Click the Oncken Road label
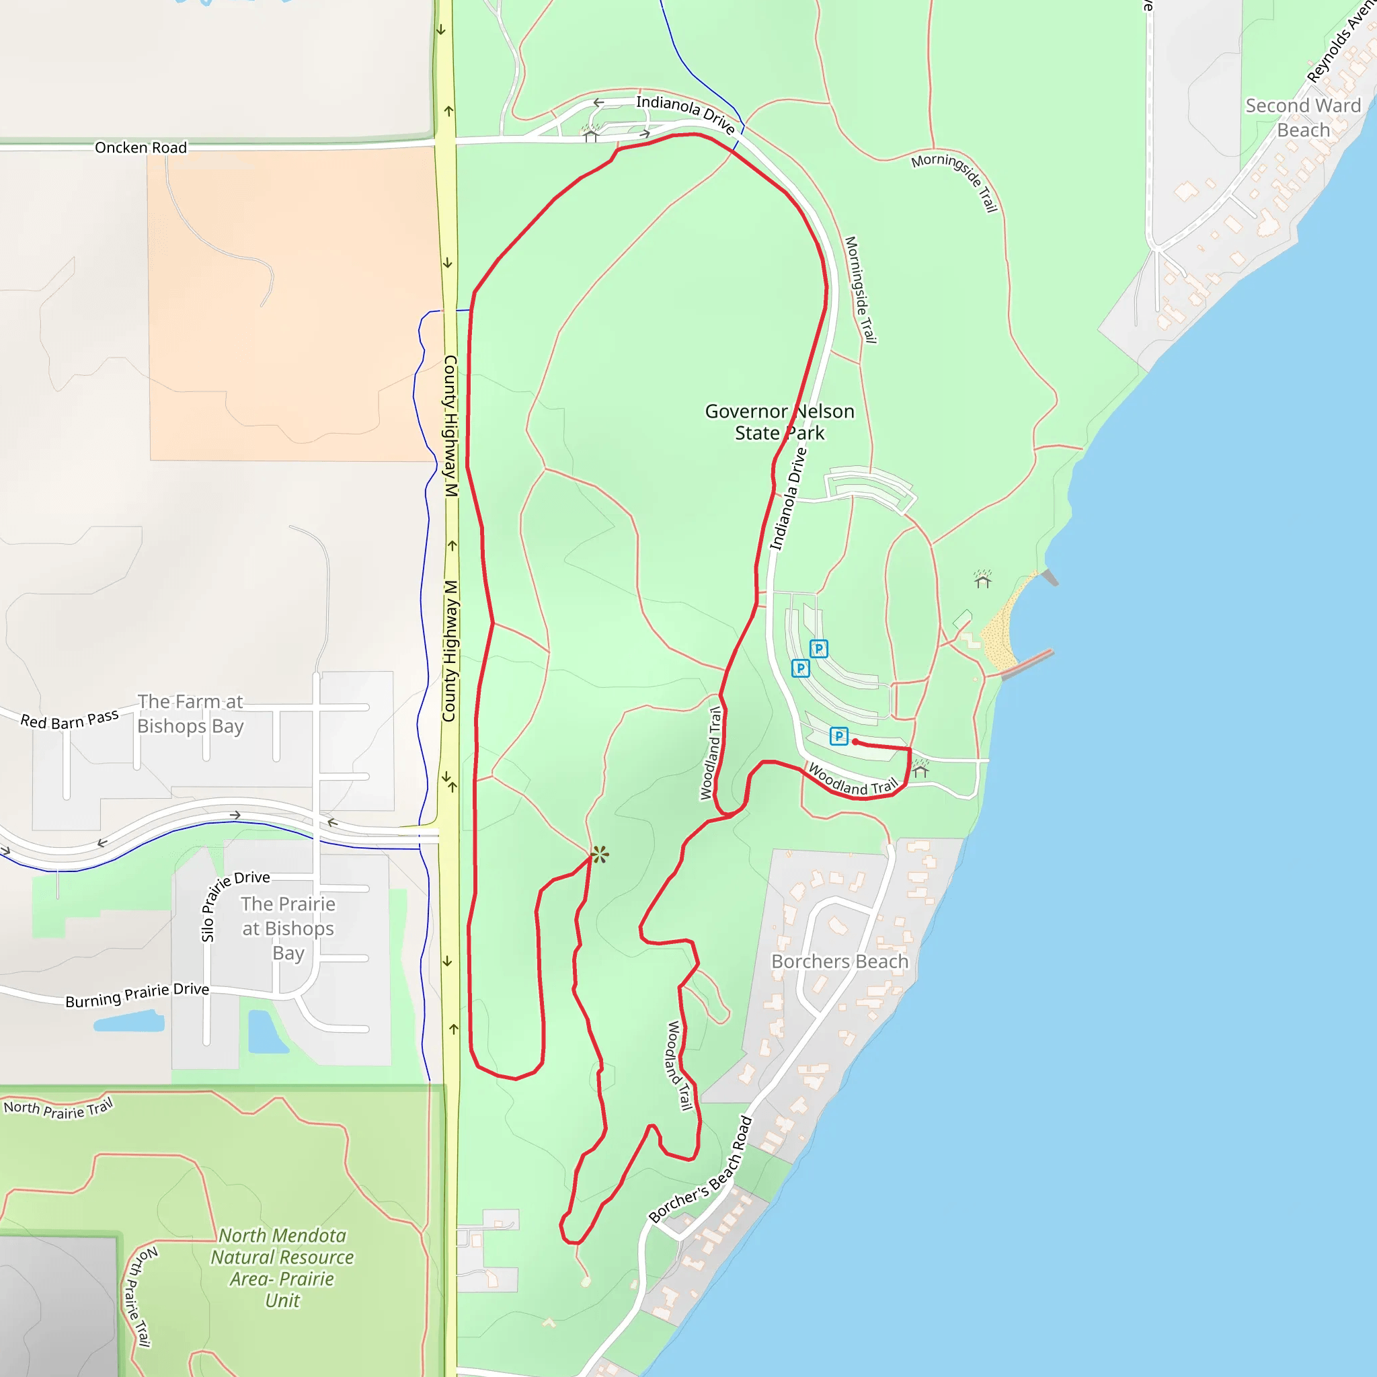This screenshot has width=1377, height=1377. [x=141, y=147]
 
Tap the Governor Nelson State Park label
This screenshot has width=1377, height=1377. [x=779, y=422]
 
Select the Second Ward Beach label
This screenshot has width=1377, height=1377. [x=1303, y=118]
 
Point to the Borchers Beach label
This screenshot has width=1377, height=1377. [x=840, y=961]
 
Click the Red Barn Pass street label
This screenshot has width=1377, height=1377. [x=69, y=720]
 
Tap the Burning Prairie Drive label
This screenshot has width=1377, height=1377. [x=137, y=995]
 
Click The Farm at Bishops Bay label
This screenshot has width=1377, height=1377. [x=190, y=713]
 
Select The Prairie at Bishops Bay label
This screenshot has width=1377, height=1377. [x=288, y=928]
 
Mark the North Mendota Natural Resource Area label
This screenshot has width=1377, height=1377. [x=282, y=1267]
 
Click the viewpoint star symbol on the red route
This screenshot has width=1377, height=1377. [x=599, y=855]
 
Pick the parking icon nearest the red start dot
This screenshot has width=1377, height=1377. [x=839, y=736]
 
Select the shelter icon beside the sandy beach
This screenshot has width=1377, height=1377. [x=983, y=579]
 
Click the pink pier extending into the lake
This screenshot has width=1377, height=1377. [x=1027, y=664]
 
